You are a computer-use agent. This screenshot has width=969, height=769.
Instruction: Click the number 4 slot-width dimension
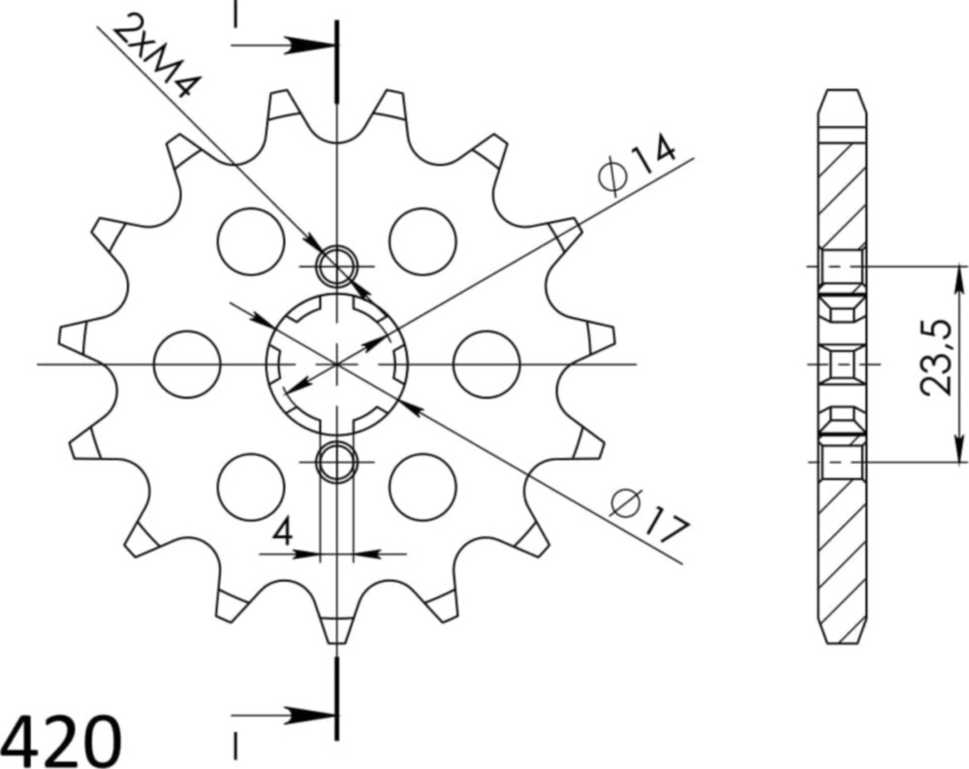point(282,532)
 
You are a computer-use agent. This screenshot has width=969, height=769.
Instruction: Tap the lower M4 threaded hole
point(337,462)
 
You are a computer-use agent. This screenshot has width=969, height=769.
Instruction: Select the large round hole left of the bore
point(187,364)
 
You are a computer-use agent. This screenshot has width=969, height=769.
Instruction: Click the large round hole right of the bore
point(486,364)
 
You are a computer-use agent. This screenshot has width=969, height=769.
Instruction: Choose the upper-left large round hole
point(250,239)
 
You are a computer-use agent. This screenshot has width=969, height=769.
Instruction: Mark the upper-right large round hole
point(422,239)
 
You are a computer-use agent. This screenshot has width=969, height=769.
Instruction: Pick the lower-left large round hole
point(250,487)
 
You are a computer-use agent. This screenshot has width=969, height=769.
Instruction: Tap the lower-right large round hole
point(422,487)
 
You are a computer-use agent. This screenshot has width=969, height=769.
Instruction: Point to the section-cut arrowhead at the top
point(310,45)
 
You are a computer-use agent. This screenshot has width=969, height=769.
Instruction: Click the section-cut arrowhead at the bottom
point(310,717)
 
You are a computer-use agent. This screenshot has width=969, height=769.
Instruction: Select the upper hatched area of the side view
point(840,194)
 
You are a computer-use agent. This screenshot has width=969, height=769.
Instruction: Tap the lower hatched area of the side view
point(840,553)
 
